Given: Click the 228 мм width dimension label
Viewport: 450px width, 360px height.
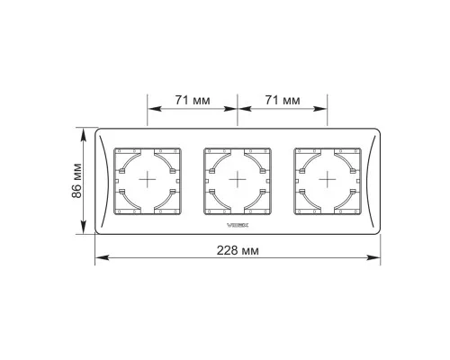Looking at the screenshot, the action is [x=238, y=250].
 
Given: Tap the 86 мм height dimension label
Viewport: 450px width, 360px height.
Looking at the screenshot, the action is [x=76, y=181].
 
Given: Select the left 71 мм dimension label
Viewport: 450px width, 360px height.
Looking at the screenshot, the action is [x=193, y=100].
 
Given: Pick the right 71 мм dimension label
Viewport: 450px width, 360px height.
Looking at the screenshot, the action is [x=283, y=100].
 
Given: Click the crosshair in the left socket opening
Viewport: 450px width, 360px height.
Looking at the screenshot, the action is [x=148, y=179].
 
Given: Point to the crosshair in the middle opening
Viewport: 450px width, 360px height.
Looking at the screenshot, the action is [x=238, y=179].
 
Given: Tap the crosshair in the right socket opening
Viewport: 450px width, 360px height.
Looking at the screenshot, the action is [x=328, y=179].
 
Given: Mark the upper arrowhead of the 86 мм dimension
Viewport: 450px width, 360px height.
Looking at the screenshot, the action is [x=84, y=134].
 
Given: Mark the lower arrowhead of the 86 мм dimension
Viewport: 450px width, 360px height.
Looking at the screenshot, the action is [x=84, y=227].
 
